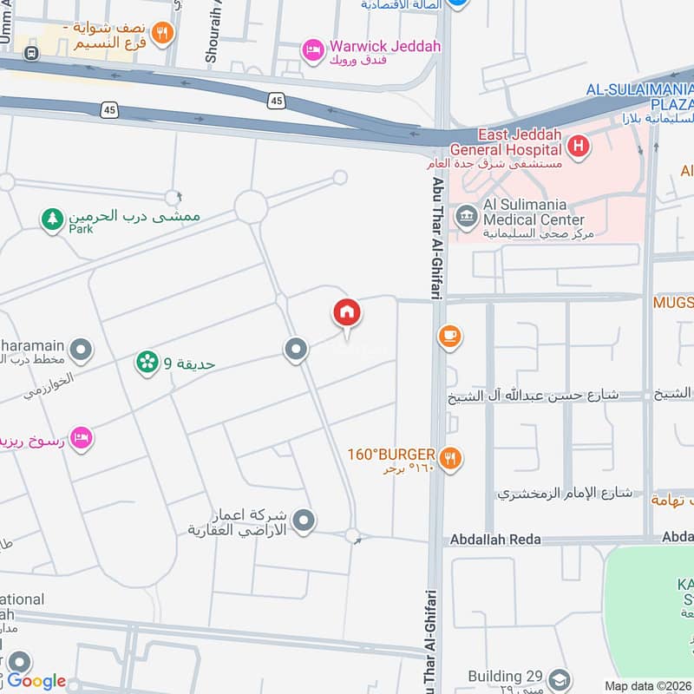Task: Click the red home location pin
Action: (x=347, y=313)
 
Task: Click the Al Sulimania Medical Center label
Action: (x=533, y=212)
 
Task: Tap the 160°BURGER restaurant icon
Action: (x=449, y=458)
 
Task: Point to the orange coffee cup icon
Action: (x=449, y=337)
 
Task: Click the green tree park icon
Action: (x=53, y=219)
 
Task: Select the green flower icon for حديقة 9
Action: (x=147, y=363)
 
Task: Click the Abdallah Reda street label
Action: (x=495, y=540)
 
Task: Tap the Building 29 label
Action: (x=506, y=677)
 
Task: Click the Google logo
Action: (x=36, y=681)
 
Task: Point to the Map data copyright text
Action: (x=647, y=685)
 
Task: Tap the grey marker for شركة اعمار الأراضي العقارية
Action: (x=304, y=520)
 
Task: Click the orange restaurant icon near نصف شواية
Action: (x=160, y=34)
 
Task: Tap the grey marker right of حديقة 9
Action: (x=296, y=350)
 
